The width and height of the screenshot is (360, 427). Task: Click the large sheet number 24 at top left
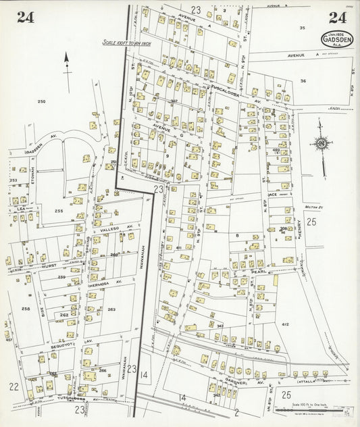pos(26,18)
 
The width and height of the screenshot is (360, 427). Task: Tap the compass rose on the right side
pos(322,143)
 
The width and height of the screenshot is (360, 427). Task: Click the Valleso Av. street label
pos(109,229)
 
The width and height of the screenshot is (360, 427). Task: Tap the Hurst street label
pos(49,267)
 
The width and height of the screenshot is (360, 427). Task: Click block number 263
pos(111,309)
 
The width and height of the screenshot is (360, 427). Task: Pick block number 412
pos(284,306)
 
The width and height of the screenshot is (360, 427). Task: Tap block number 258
pos(26,308)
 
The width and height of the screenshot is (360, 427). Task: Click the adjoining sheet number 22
pos(14,386)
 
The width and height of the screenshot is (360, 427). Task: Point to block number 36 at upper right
pos(303,80)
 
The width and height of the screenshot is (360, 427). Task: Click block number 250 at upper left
pos(41,101)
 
